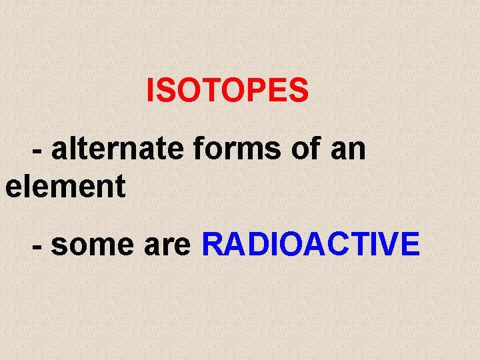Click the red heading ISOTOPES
click(x=227, y=91)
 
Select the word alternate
click(x=117, y=149)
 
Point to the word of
click(x=305, y=149)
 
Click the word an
click(x=348, y=150)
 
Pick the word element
click(x=65, y=186)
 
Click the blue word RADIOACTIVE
click(x=311, y=244)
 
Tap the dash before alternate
click(x=38, y=152)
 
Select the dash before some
click(x=38, y=247)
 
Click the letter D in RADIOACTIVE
click(x=252, y=244)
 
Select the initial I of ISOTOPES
click(x=151, y=91)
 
